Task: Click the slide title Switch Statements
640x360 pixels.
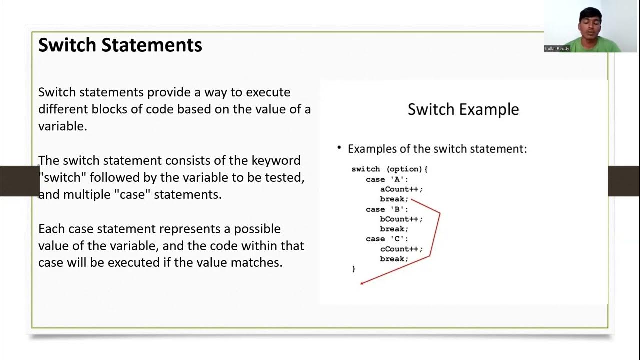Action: coord(120,45)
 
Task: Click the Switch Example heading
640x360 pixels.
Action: coord(463,109)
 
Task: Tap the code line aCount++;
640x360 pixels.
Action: coord(401,189)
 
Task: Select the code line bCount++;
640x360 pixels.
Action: coord(401,219)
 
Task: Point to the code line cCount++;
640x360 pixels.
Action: coord(401,249)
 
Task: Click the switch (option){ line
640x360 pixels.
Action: coord(390,169)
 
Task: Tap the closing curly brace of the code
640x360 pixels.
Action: coord(354,269)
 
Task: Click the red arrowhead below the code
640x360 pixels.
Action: coord(362,283)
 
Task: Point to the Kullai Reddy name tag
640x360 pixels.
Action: coord(557,49)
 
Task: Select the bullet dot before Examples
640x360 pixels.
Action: coord(339,148)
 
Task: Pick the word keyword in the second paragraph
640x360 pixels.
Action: coord(276,161)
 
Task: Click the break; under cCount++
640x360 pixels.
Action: coord(394,259)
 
